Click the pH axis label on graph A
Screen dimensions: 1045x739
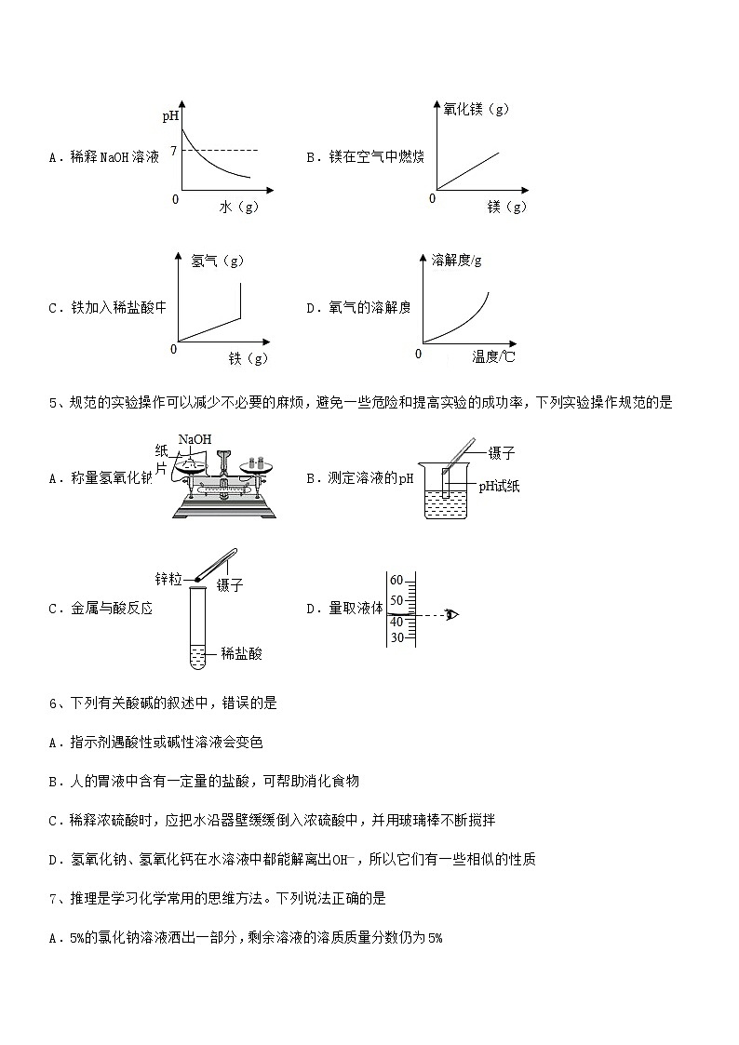pos(170,117)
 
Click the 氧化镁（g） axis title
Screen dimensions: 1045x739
pos(477,110)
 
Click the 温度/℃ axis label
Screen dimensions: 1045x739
pos(493,356)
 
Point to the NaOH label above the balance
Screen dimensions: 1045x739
pos(195,438)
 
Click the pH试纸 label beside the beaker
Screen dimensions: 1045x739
pos(497,485)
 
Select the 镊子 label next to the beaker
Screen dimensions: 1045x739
pos(502,453)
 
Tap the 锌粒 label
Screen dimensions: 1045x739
pos(168,579)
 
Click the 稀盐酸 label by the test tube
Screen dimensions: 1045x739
pos(242,654)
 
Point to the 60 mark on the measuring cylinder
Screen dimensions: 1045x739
pos(396,580)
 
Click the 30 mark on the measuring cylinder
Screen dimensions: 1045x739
pos(396,637)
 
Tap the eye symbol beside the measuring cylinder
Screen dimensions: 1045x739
pos(452,614)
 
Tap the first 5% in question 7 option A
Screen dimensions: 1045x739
pos(77,938)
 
